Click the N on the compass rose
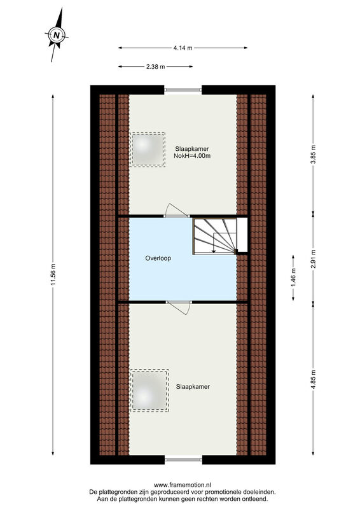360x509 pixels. pos(57,35)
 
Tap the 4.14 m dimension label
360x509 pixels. pos(183,48)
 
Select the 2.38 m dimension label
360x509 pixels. pos(155,67)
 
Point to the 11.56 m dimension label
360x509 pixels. pos(53,275)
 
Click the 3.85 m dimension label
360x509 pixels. pos(314,154)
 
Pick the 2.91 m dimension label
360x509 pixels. pos(314,259)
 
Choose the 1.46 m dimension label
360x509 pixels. pos(293,277)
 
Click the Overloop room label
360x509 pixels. pos(158,258)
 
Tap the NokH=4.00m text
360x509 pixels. pos(192,156)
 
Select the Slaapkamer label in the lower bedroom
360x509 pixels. pos(193,387)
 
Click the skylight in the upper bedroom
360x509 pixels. pos(148,150)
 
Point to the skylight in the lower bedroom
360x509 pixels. pos(149,391)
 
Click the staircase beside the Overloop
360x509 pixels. pos(215,236)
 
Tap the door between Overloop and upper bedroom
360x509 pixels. pos(177,211)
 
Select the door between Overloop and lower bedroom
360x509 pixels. pos(179,307)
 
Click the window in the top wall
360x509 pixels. pos(183,90)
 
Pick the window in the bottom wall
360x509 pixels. pos(183,459)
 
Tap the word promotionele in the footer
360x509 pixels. pos(221,492)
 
